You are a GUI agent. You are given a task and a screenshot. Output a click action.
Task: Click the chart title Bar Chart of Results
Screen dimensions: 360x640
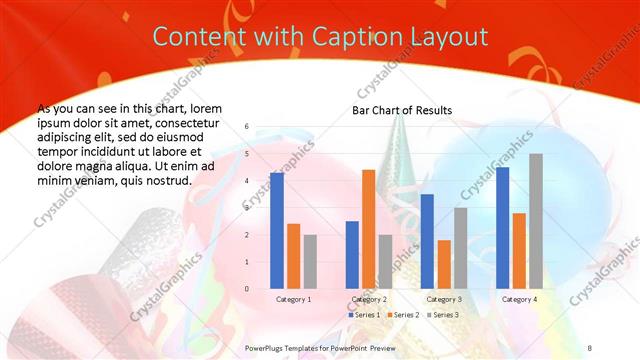point(401,110)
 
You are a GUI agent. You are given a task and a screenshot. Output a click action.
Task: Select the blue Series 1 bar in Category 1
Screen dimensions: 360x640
point(277,230)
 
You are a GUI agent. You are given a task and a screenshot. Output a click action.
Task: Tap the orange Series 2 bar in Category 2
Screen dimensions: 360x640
point(368,229)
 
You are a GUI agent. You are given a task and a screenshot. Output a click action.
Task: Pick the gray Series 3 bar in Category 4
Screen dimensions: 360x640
point(536,221)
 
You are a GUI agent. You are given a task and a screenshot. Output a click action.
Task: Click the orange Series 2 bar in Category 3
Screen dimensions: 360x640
point(444,264)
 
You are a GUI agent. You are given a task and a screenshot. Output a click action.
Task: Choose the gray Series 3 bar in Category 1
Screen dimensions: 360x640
point(310,261)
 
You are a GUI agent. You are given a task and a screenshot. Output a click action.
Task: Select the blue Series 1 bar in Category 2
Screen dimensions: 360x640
point(352,254)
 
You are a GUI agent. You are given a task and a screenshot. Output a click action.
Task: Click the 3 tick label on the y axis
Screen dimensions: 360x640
point(248,208)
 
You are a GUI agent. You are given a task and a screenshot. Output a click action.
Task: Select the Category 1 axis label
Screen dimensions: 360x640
point(293,299)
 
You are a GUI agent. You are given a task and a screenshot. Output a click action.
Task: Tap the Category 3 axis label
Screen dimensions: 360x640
point(444,299)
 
